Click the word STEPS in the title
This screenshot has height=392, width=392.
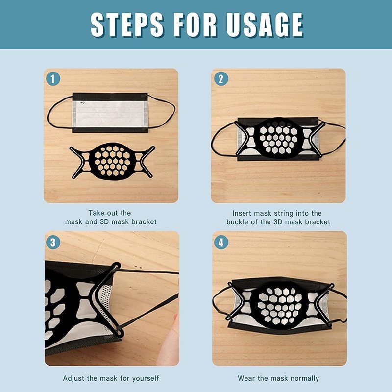coord(127,25)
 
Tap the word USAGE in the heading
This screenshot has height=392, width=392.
coord(265,25)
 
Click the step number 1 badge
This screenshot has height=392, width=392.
coord(53,79)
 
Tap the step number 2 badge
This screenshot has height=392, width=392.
coord(221,79)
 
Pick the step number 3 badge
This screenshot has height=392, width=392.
coord(53,243)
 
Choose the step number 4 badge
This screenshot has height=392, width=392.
coord(221,243)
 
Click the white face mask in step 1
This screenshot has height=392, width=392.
coord(110,113)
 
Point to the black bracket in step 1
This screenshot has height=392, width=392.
coord(112,162)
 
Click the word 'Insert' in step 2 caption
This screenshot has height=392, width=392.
coord(242,213)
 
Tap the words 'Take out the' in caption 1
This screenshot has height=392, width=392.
coord(110,213)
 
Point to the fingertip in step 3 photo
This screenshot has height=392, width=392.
coord(176,317)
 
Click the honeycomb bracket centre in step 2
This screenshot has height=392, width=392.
coord(279,138)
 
